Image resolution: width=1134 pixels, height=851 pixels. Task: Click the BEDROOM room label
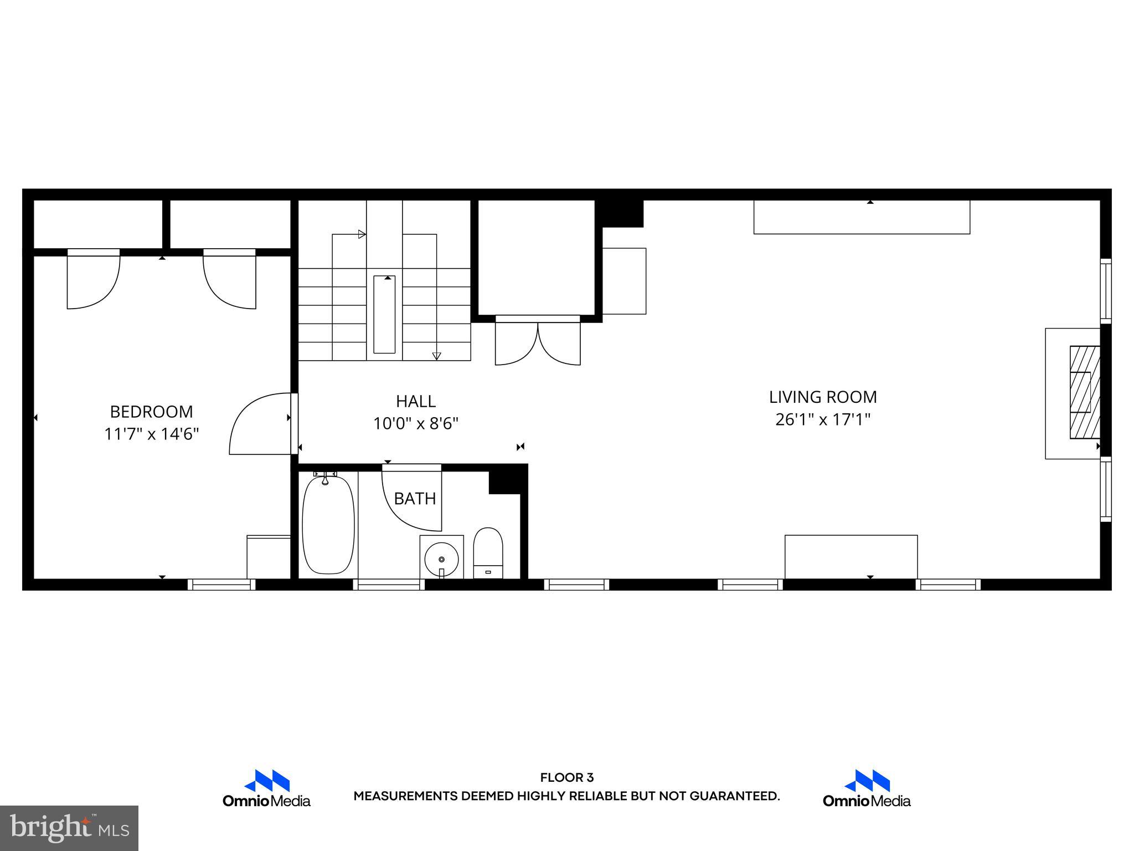[x=151, y=412]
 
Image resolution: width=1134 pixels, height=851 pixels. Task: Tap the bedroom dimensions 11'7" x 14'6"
[x=151, y=434]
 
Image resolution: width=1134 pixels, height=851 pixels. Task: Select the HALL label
[x=415, y=401]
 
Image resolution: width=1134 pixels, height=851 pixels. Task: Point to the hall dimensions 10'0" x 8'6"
[x=415, y=424]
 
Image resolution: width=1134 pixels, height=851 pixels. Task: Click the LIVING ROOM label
[x=823, y=397]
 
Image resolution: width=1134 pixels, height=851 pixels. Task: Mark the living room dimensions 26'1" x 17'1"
[x=823, y=420]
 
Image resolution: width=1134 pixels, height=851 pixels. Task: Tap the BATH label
[x=415, y=499]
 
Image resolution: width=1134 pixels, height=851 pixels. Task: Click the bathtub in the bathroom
[x=328, y=525]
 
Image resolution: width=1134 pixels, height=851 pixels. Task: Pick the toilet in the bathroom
[x=488, y=552]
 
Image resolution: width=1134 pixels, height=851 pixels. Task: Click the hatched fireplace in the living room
[x=1084, y=392]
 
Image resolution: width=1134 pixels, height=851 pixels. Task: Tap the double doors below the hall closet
[x=538, y=342]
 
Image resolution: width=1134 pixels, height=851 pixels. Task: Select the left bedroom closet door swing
[x=93, y=280]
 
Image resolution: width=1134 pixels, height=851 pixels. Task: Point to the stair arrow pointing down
[x=436, y=356]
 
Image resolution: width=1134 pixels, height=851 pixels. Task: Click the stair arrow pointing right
[x=362, y=234]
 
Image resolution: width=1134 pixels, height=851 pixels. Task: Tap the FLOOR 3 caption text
[x=566, y=778]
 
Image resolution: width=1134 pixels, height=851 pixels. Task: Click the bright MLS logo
[x=69, y=828]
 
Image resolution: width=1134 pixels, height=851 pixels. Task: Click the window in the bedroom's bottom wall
[x=221, y=585]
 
